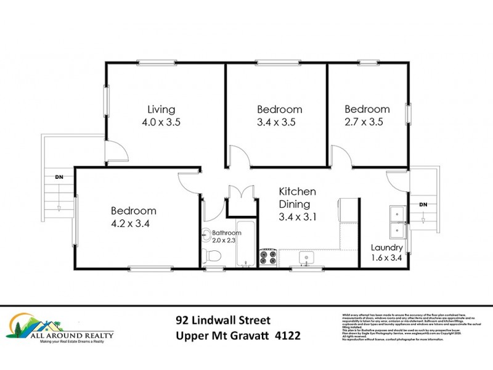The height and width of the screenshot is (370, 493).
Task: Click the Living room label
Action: (x=161, y=109)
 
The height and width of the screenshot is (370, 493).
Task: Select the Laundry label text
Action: (x=386, y=248)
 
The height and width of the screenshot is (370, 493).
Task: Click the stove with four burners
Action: (x=269, y=257)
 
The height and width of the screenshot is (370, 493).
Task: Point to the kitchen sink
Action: (x=303, y=257)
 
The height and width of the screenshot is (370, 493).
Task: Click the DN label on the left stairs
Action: (x=59, y=177)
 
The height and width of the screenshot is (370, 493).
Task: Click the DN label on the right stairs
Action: (x=423, y=204)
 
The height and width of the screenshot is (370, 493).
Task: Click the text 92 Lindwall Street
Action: (x=223, y=321)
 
